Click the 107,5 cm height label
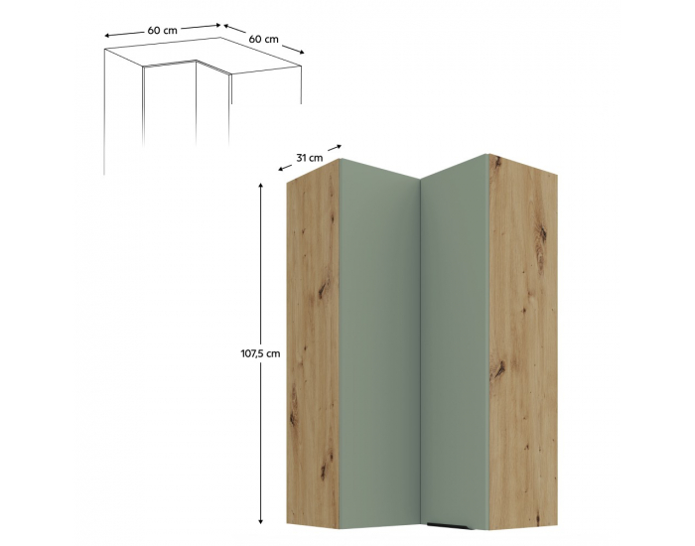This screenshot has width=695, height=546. (x=260, y=353)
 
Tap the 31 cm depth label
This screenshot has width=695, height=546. (x=310, y=157)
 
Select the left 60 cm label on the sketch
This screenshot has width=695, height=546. (x=162, y=30)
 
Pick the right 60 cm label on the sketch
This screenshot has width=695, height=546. (x=264, y=39)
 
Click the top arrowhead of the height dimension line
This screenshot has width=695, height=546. (x=260, y=186)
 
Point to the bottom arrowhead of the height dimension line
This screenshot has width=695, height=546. (x=260, y=521)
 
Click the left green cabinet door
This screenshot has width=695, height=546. (x=379, y=344)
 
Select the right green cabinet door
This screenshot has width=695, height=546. (x=455, y=341)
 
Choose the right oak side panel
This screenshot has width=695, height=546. (x=523, y=341)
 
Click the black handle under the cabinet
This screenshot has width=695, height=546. (x=449, y=526)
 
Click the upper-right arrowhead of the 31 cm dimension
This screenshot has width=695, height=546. (x=339, y=146)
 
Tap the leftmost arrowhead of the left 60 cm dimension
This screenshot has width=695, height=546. (x=107, y=36)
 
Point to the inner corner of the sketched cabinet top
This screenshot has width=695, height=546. (x=196, y=61)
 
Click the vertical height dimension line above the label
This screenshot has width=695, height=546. (x=260, y=265)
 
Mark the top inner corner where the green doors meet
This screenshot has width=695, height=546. (x=420, y=179)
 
